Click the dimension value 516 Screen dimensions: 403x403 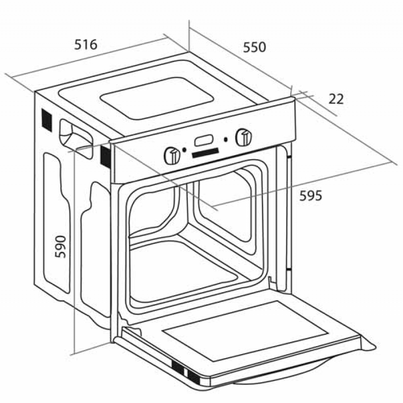[x=86, y=44]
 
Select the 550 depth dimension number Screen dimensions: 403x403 [x=254, y=47]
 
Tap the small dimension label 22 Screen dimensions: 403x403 [x=336, y=99]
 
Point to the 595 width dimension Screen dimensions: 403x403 [x=310, y=195]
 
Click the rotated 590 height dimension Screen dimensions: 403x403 [x=60, y=247]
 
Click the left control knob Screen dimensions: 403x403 [x=172, y=156]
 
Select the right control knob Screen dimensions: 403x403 [x=244, y=138]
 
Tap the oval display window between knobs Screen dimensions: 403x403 [x=204, y=141]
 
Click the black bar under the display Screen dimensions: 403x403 [x=205, y=153]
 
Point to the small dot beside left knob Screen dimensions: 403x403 [x=184, y=150]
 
